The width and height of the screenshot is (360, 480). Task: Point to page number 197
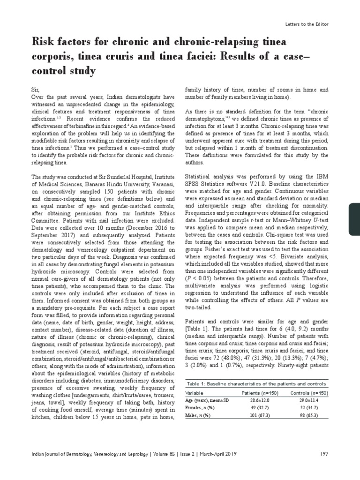[x=324, y=454]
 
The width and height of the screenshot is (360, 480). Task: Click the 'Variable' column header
[x=195, y=392]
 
